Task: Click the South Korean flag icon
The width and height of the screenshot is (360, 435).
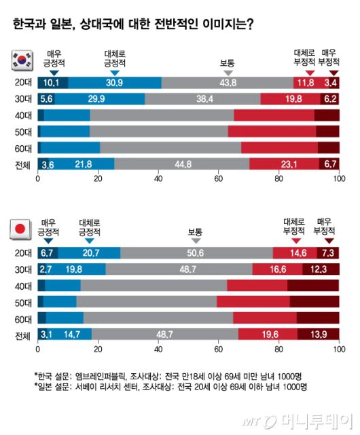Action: pos(20,60)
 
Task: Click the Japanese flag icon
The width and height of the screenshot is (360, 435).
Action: pos(20,230)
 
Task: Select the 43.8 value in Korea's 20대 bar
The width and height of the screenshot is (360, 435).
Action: pos(223,83)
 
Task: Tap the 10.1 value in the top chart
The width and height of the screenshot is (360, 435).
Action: pos(52,83)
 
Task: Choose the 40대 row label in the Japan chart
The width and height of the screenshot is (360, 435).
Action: pos(22,286)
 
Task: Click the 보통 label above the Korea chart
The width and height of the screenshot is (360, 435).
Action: pos(228,63)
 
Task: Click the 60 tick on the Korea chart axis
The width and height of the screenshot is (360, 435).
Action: pos(218,179)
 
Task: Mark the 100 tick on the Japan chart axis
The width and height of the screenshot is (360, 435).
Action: pos(338,350)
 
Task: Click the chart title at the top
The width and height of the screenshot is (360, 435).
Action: pos(133,25)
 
